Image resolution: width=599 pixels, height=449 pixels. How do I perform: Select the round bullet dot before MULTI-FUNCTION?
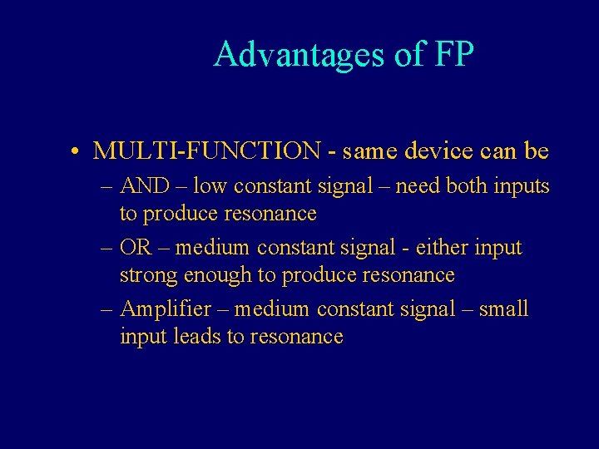(75, 152)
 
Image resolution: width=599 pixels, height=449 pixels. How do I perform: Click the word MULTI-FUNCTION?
(207, 150)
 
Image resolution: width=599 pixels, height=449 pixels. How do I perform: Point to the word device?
(432, 150)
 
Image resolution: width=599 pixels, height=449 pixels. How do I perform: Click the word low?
(210, 186)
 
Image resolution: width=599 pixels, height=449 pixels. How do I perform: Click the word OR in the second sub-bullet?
(136, 248)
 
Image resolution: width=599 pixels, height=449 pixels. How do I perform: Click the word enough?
(211, 276)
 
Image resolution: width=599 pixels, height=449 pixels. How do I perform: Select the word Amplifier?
(166, 309)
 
